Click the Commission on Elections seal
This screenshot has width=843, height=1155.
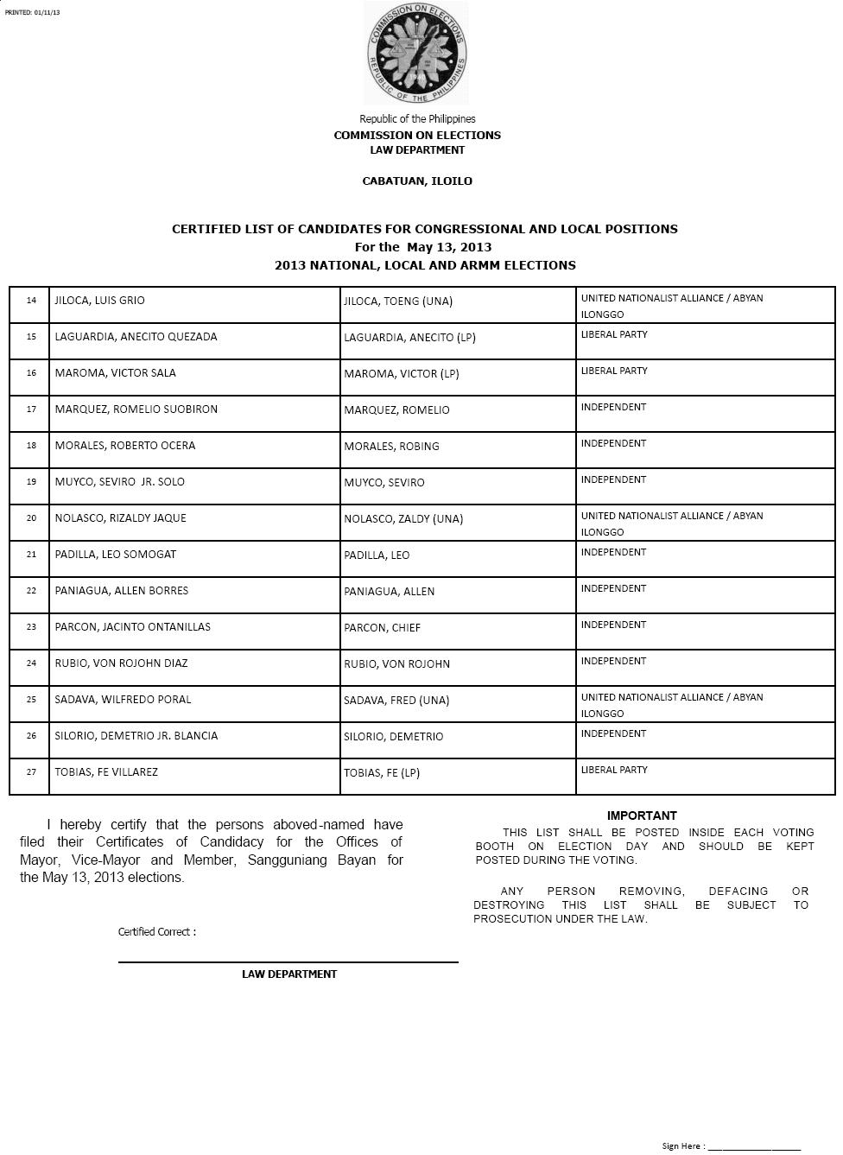click(x=417, y=54)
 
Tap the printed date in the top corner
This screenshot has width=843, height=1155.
click(x=33, y=12)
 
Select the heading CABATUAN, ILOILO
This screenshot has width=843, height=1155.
click(x=417, y=181)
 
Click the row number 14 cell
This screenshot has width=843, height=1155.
click(x=31, y=301)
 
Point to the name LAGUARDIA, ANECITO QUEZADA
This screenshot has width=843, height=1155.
click(x=136, y=337)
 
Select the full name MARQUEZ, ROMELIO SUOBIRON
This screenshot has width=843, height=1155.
click(x=136, y=409)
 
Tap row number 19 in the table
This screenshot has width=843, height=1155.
click(x=31, y=482)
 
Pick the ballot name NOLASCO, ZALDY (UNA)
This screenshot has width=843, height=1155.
click(x=403, y=519)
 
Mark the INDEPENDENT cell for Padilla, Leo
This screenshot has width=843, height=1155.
click(x=613, y=552)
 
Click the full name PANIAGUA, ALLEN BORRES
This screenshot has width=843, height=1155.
click(x=121, y=591)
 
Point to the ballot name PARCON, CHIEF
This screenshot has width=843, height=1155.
click(x=382, y=628)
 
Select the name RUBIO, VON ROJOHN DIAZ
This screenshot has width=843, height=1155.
click(x=121, y=663)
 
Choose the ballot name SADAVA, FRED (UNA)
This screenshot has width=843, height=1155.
click(x=396, y=701)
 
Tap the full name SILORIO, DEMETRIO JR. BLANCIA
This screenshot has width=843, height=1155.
click(x=136, y=736)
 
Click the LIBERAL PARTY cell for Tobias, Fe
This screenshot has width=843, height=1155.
click(x=614, y=770)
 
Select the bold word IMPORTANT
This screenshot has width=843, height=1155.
click(x=642, y=815)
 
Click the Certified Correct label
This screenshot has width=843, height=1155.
click(x=157, y=932)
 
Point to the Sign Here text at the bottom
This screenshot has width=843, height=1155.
click(x=681, y=1146)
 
